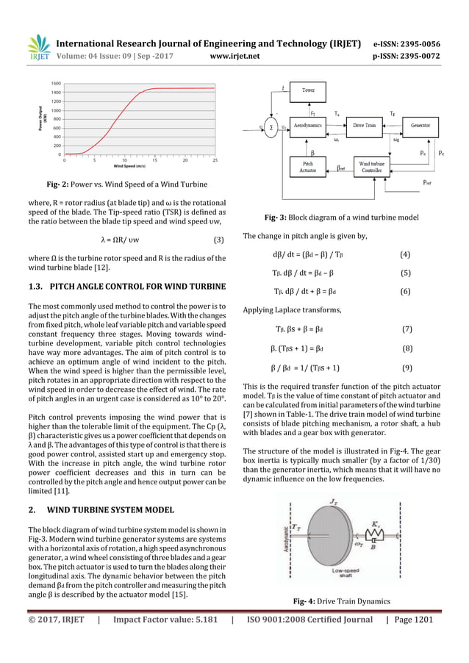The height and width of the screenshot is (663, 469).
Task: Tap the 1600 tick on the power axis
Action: tap(56, 84)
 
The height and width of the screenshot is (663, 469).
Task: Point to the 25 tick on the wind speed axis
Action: tap(215, 160)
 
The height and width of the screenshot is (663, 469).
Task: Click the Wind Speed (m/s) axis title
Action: tap(140, 167)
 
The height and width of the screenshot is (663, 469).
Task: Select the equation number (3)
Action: tap(218, 240)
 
